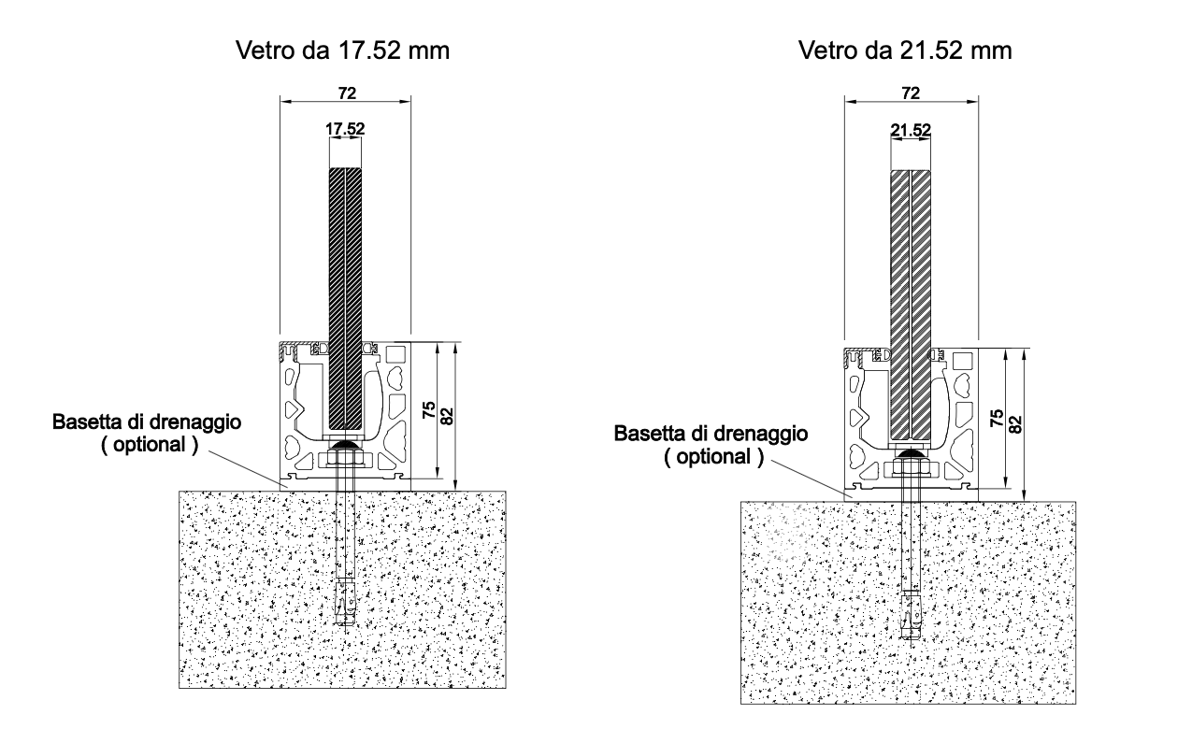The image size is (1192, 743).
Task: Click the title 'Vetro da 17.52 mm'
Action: point(343,50)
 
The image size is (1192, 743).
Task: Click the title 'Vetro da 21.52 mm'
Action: point(905,50)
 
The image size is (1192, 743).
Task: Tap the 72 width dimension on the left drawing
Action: point(347,93)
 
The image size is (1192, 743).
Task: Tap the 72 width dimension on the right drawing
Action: point(911,93)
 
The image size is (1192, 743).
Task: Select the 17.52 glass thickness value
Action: point(345,129)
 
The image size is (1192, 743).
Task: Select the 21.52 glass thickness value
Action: point(911,130)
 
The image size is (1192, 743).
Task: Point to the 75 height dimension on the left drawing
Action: point(429,410)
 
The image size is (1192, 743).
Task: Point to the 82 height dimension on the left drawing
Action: point(448,416)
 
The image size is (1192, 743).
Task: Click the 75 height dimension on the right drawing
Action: point(997,418)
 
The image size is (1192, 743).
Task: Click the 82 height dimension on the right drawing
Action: point(1015,424)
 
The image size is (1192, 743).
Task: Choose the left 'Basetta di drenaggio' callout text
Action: point(147,422)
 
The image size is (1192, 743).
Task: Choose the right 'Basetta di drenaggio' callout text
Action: point(711,434)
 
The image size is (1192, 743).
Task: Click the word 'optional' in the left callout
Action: point(150,445)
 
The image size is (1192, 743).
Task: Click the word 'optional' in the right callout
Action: point(713,457)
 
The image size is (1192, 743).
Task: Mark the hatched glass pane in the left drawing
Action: point(345,299)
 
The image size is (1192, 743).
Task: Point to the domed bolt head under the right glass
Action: point(911,456)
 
